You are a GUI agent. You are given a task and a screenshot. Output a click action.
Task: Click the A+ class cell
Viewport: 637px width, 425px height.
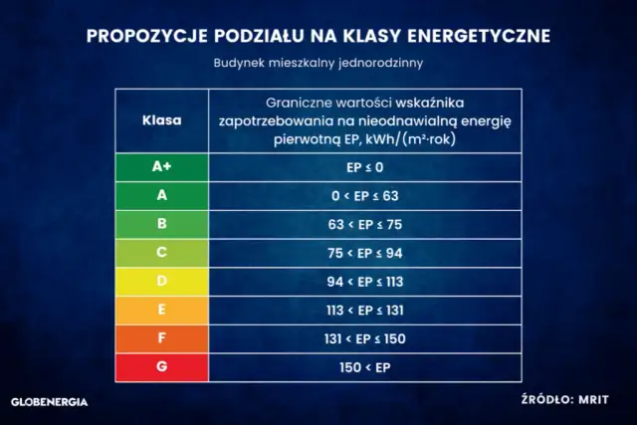click(161, 167)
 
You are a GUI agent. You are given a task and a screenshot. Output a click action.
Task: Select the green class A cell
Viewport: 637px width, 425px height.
click(161, 196)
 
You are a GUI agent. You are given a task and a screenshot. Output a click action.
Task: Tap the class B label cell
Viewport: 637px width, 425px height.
click(161, 224)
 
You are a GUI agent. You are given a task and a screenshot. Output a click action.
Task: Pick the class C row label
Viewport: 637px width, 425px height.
click(161, 253)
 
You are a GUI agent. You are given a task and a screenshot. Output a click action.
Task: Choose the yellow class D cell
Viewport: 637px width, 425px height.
click(161, 282)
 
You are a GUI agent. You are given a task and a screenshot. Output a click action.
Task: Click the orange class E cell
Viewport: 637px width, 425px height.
click(161, 310)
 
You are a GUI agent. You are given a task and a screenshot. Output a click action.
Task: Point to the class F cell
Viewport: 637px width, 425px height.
click(161, 338)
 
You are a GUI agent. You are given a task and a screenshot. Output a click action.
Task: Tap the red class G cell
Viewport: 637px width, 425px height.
click(161, 366)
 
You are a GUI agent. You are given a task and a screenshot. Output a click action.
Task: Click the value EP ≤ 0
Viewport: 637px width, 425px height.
click(364, 167)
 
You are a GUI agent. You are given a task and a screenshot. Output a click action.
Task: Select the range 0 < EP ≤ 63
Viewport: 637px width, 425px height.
click(364, 196)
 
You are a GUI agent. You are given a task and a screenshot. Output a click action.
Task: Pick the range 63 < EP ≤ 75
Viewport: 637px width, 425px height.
click(364, 224)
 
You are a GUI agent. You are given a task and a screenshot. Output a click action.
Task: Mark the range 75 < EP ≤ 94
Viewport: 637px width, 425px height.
click(364, 253)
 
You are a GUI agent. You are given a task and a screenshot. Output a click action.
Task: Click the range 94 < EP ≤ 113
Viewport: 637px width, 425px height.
click(364, 282)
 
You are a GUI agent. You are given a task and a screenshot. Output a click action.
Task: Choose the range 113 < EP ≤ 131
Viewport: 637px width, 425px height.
click(364, 310)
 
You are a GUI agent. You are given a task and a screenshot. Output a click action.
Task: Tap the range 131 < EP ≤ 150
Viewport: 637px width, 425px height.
click(364, 338)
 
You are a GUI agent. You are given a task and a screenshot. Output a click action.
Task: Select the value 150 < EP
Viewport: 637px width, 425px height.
click(364, 367)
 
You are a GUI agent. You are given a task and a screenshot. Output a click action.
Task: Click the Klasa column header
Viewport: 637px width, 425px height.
click(161, 119)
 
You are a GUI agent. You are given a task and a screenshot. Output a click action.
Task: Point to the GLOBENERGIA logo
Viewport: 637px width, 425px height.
click(49, 402)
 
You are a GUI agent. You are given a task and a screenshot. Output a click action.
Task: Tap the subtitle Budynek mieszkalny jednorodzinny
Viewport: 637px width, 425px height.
click(318, 63)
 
